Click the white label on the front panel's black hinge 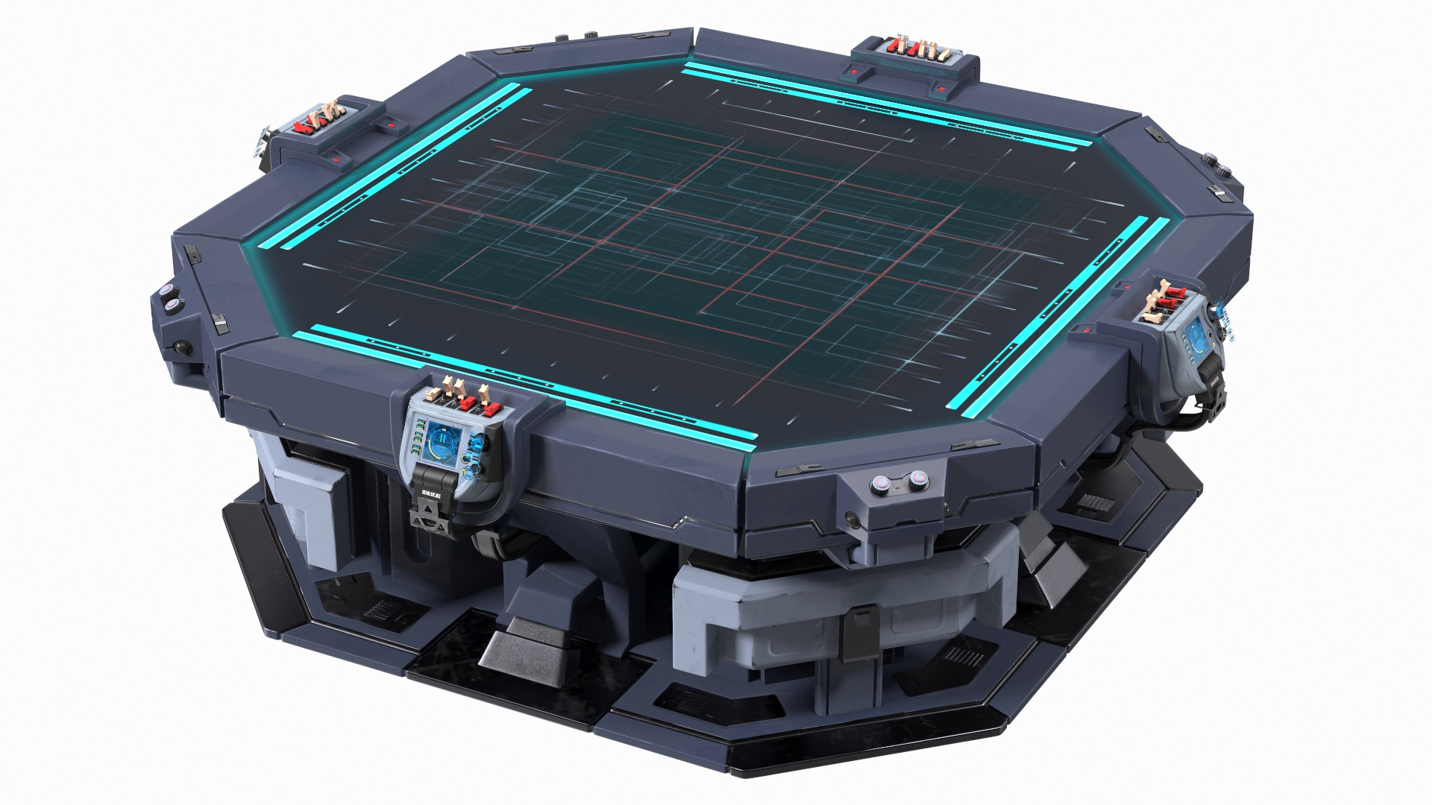pos(433,493)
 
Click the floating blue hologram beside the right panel pos(1223,313)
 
